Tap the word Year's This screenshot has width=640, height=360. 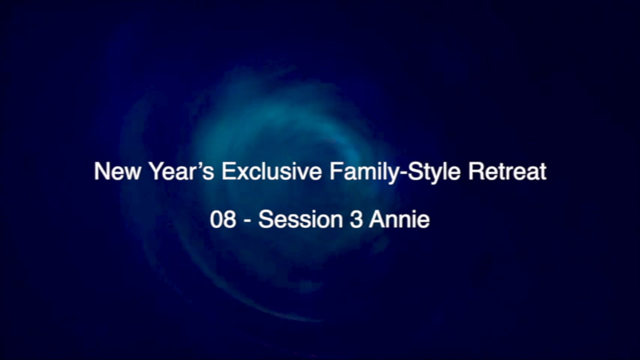[182, 171]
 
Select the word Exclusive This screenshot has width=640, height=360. [272, 171]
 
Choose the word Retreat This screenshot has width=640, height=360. [507, 171]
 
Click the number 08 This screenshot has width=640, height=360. [223, 220]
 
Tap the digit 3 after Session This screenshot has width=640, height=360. [356, 220]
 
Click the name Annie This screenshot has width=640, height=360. [399, 220]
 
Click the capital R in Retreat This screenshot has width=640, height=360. [475, 171]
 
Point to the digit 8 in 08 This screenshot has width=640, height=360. [230, 220]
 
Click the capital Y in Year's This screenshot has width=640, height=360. [156, 171]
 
